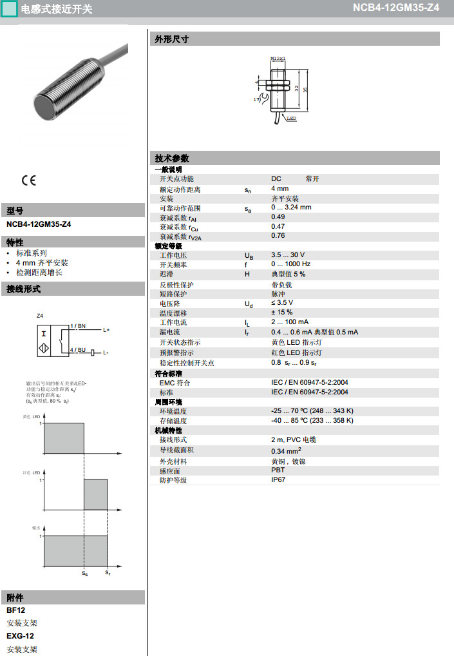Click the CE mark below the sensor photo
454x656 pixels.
click(x=29, y=180)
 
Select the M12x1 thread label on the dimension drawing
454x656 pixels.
click(x=278, y=58)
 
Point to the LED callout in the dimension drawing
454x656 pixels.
click(x=291, y=119)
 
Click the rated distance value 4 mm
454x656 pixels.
click(x=279, y=189)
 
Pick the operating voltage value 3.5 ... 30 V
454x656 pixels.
click(x=288, y=255)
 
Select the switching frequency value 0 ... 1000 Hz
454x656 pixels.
click(x=290, y=264)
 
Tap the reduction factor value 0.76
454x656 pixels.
click(x=278, y=236)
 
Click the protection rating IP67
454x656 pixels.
click(x=278, y=479)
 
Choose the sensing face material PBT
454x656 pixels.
click(x=278, y=470)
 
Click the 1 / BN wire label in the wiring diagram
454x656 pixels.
click(x=78, y=327)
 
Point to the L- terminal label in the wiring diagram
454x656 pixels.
click(x=106, y=352)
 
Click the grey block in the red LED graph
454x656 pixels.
click(x=96, y=494)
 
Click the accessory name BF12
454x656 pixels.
click(x=16, y=610)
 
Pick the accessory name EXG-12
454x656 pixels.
click(x=20, y=636)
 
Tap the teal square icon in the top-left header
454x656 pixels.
click(x=10, y=9)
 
